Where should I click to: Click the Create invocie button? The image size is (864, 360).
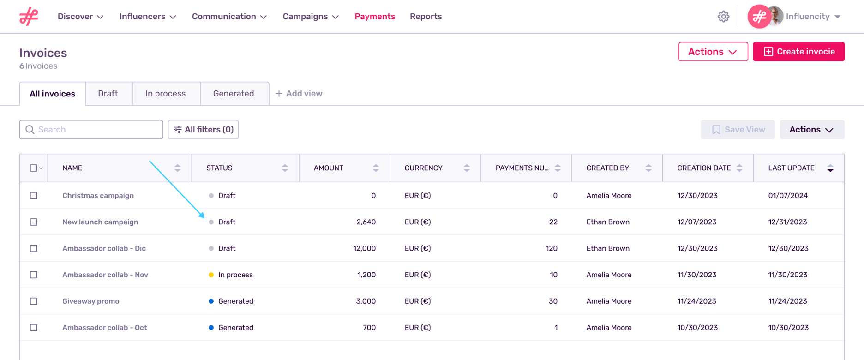[x=798, y=52]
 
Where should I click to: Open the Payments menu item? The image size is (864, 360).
[x=374, y=17]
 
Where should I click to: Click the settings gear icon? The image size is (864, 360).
[x=723, y=17]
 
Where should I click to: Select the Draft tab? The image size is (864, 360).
[x=108, y=94]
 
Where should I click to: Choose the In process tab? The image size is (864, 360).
[x=165, y=94]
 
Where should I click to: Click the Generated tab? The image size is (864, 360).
[x=234, y=94]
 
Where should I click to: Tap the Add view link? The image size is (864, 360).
[x=299, y=94]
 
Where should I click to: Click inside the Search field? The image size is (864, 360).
[x=97, y=130]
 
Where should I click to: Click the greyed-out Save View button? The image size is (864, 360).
[x=738, y=130]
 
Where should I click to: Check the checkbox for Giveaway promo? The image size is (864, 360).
[x=34, y=301]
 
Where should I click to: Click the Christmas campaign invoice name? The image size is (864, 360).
[x=98, y=196]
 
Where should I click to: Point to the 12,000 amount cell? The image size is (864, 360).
[x=364, y=248]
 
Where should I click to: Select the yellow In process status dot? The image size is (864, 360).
[x=211, y=275]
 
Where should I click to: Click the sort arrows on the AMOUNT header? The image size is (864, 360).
[x=376, y=168]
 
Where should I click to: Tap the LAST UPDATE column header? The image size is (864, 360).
[x=791, y=168]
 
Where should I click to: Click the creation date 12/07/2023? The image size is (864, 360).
[x=696, y=222]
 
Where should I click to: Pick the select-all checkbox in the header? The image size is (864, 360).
[x=33, y=168]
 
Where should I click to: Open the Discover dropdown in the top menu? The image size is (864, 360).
[x=80, y=17]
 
